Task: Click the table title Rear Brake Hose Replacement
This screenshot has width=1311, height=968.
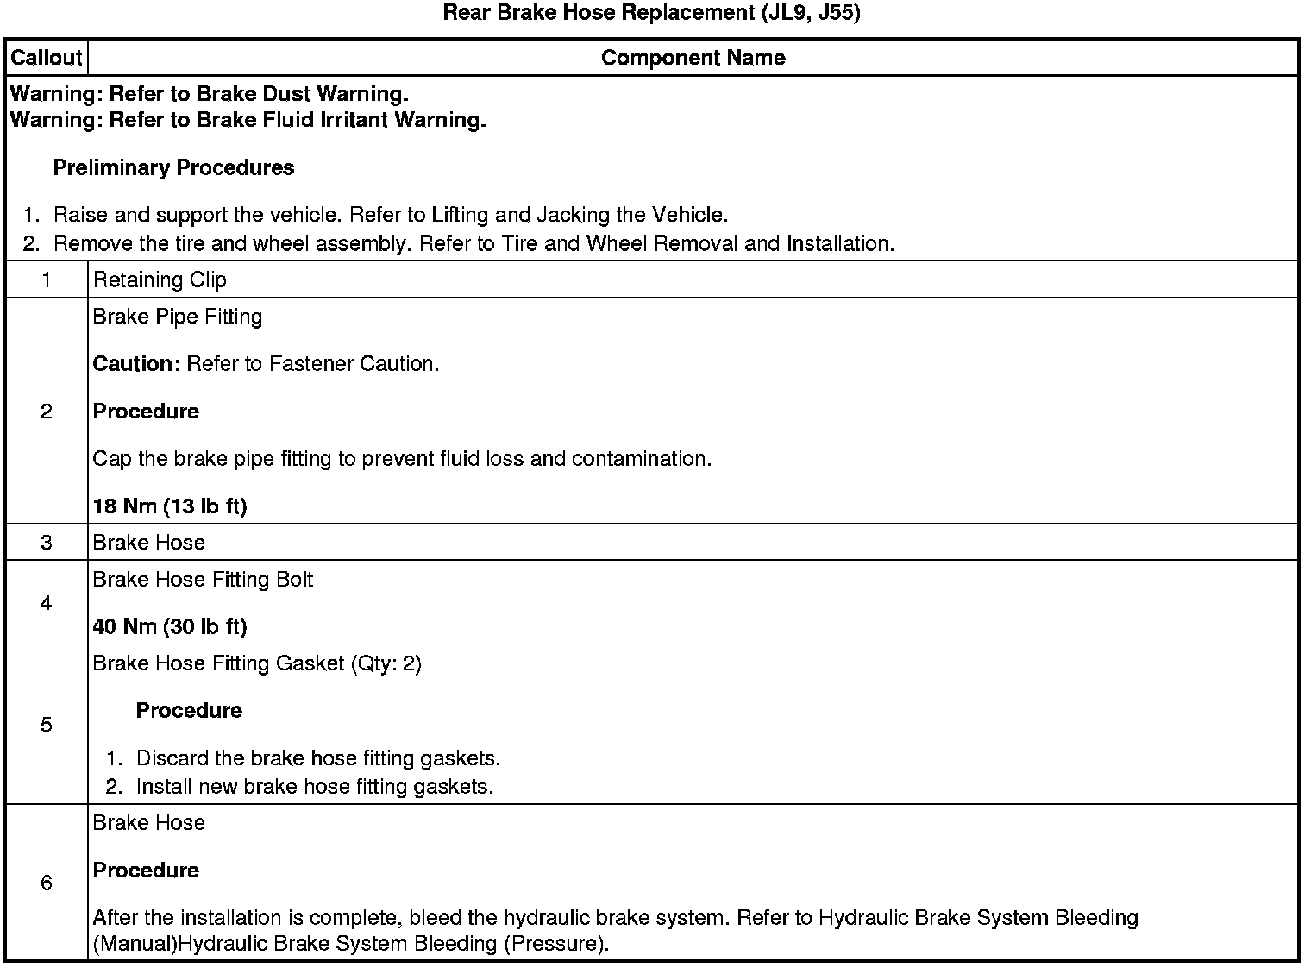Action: (x=651, y=14)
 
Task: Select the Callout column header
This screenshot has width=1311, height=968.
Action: (x=46, y=58)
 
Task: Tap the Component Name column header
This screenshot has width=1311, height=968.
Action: (x=693, y=58)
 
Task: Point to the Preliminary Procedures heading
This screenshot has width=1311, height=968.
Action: (x=173, y=167)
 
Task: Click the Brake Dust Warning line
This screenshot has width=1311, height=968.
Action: (x=209, y=93)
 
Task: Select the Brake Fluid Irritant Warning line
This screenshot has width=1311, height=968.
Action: (x=248, y=120)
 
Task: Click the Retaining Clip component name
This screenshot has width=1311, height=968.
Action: (x=160, y=280)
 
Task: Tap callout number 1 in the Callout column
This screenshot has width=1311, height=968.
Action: (x=46, y=280)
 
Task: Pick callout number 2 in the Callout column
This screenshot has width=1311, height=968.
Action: (x=46, y=412)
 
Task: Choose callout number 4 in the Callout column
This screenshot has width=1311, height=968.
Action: (x=46, y=603)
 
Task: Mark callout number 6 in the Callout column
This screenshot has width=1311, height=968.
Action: (x=46, y=883)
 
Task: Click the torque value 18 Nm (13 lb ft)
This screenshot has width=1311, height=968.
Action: (x=170, y=506)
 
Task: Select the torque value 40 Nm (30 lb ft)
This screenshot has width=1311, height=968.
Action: (x=170, y=626)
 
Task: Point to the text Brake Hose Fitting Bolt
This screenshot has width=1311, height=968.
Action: (x=203, y=580)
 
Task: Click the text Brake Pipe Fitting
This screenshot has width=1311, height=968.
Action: (x=178, y=317)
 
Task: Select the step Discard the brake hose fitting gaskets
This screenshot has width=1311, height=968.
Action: (x=318, y=758)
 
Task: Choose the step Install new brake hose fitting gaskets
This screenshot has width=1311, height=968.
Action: (x=315, y=787)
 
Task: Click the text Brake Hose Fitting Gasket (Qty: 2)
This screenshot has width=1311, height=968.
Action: (x=257, y=663)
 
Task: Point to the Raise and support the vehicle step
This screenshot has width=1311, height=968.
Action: (x=391, y=215)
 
